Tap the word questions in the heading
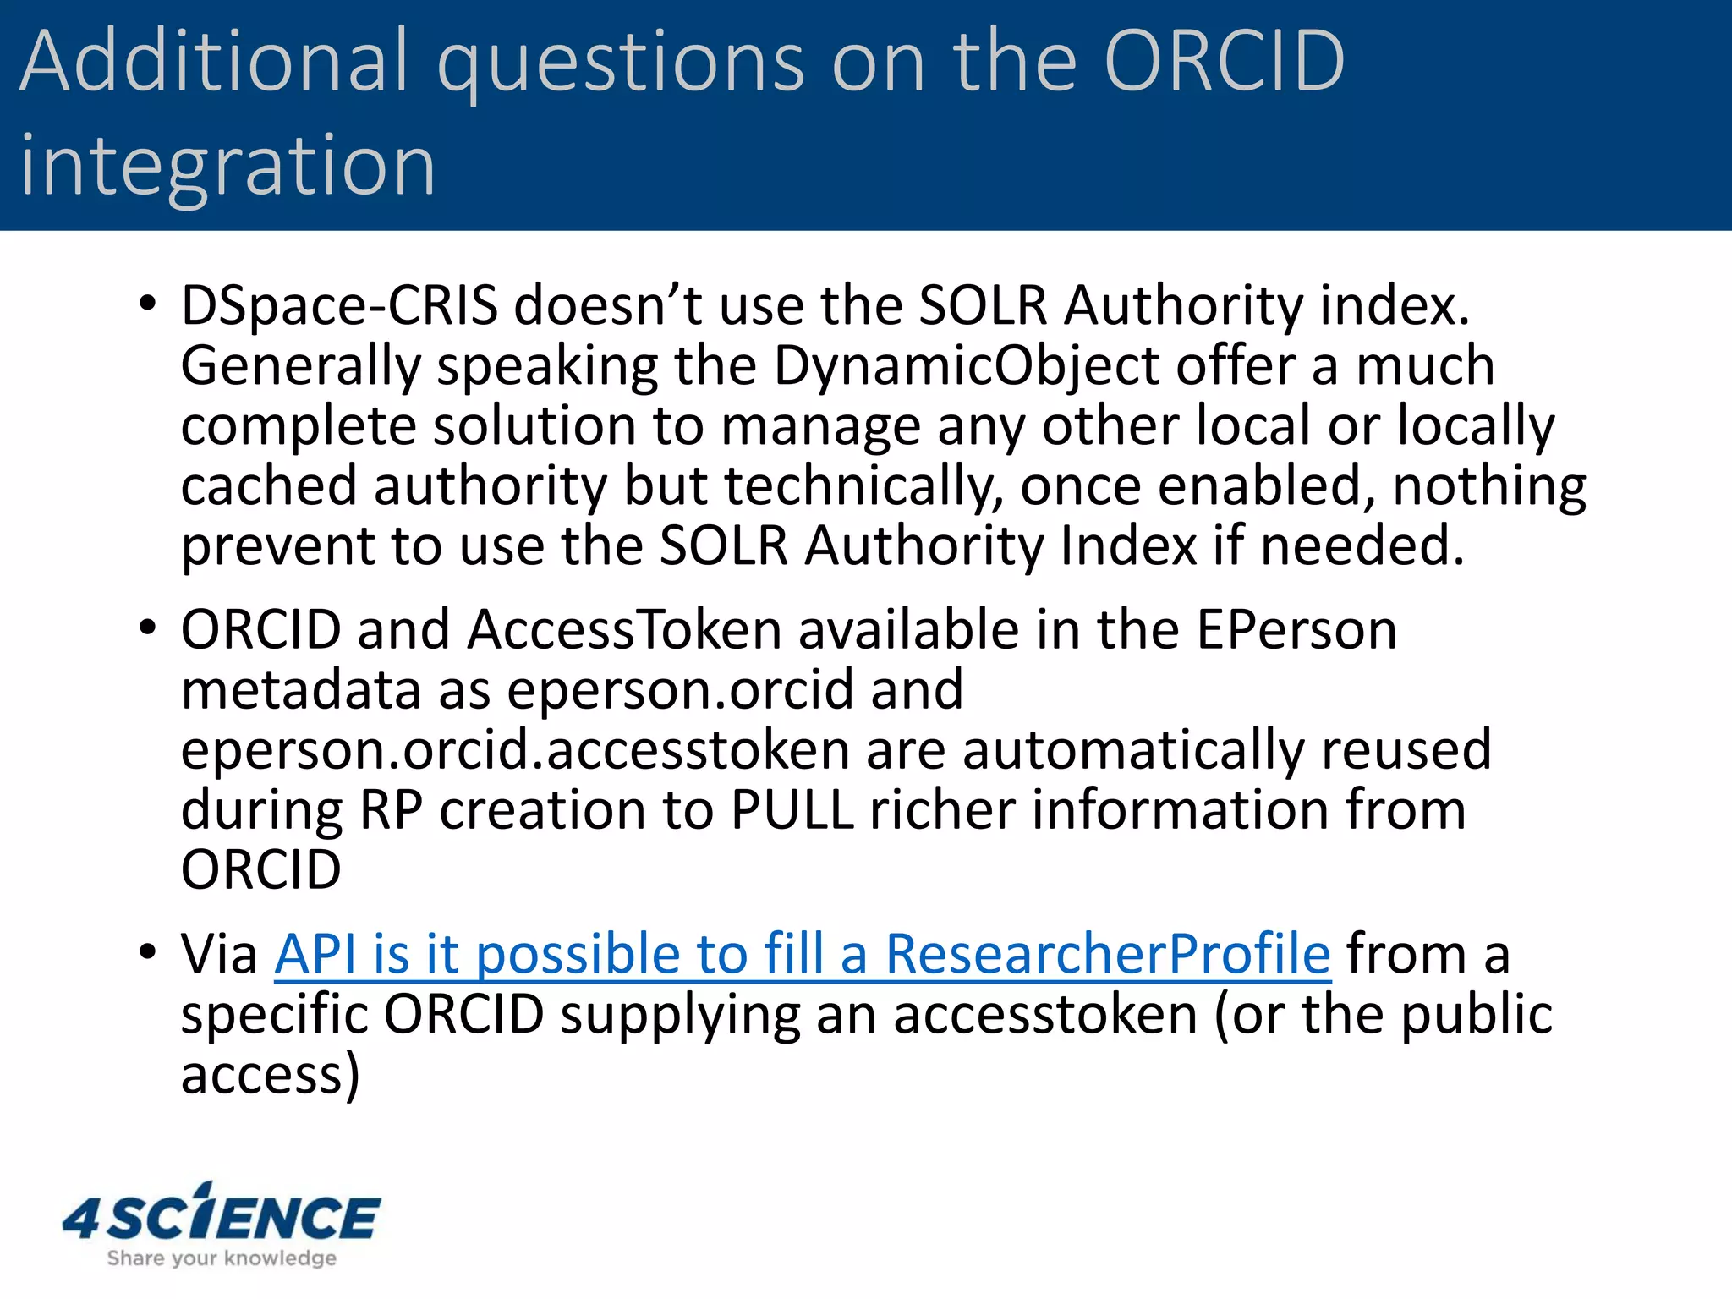(x=622, y=64)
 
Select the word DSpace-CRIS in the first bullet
(x=339, y=305)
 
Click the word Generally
(x=300, y=367)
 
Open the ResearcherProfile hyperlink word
(x=1108, y=955)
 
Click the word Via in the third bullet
(x=219, y=955)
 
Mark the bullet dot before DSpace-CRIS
(x=148, y=304)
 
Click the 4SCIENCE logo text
(x=222, y=1216)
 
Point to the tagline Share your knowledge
(x=222, y=1258)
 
